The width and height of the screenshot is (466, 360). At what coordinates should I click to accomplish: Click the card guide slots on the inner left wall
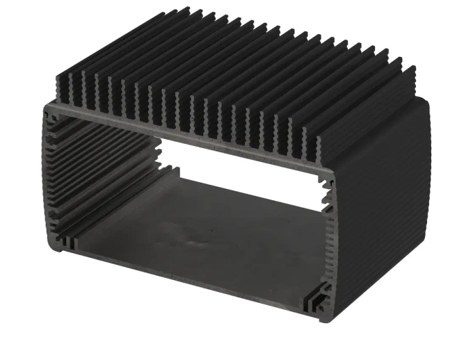pyautogui.click(x=97, y=174)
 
